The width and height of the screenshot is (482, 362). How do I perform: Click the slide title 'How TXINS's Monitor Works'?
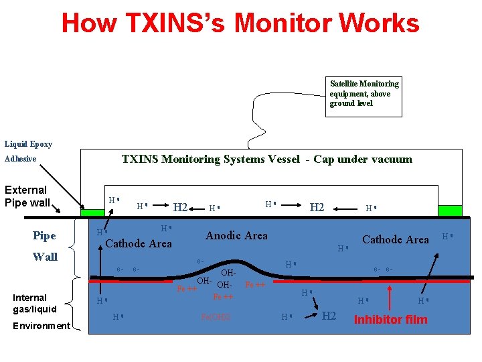click(240, 23)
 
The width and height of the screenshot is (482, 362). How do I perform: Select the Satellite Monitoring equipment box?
click(364, 96)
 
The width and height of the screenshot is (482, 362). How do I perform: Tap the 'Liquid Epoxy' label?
click(28, 144)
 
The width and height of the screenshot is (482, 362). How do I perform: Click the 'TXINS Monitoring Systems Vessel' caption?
click(266, 160)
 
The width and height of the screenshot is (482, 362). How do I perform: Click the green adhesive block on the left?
click(92, 213)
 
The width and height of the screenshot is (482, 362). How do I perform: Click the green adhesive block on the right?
click(450, 210)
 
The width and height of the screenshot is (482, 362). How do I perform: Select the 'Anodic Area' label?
click(236, 236)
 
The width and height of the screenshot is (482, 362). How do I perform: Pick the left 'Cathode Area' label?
click(139, 243)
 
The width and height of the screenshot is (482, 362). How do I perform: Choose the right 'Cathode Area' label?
click(395, 240)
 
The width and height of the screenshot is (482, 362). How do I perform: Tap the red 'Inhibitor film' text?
click(390, 320)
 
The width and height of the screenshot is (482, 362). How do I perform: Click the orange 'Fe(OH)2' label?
click(216, 316)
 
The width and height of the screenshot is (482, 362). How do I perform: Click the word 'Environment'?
click(42, 326)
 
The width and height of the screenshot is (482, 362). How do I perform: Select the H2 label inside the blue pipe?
click(329, 316)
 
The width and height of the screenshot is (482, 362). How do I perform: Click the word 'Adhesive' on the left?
click(21, 160)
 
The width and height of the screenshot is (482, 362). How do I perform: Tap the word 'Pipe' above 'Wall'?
click(44, 236)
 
